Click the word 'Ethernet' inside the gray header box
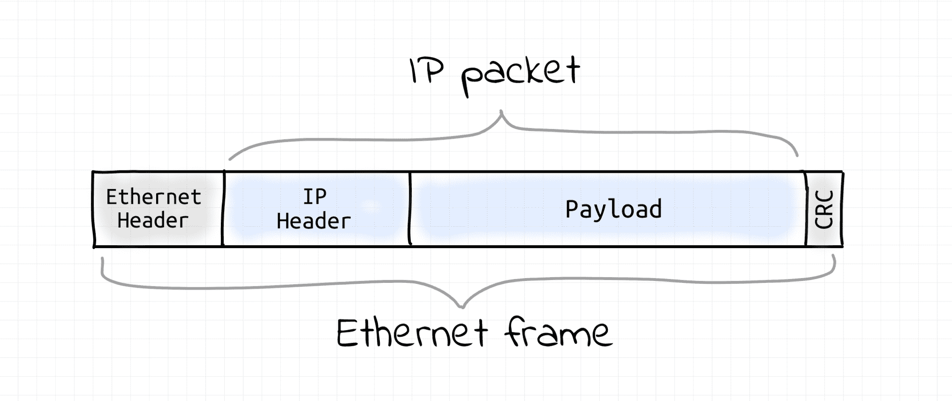tap(153, 197)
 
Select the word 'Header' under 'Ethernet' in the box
tap(153, 221)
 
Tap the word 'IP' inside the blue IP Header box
tap(315, 196)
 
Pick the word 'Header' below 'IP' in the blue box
tap(314, 221)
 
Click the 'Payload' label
tap(614, 209)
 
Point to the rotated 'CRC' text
tap(824, 210)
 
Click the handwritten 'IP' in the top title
tap(426, 71)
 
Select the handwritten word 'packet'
tap(520, 74)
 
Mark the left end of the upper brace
tap(230, 159)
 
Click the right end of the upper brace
tap(797, 155)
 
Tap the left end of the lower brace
tap(102, 260)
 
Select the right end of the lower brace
tap(833, 256)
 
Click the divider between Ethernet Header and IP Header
tap(223, 209)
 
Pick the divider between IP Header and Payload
tap(410, 209)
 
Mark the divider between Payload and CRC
tap(806, 209)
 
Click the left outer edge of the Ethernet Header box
tap(94, 209)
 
